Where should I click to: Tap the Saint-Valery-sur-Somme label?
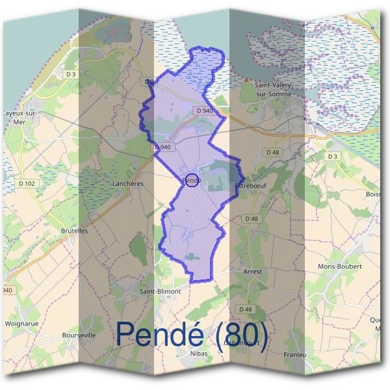273,89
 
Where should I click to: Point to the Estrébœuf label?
247,186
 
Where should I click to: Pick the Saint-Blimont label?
160,292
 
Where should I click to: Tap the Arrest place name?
252,272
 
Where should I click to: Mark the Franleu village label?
295,354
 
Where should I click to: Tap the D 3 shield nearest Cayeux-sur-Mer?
71,75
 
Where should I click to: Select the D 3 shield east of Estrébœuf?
333,156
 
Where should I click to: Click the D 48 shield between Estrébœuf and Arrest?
251,218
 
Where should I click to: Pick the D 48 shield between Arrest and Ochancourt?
245,309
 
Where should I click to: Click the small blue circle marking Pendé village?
191,181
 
